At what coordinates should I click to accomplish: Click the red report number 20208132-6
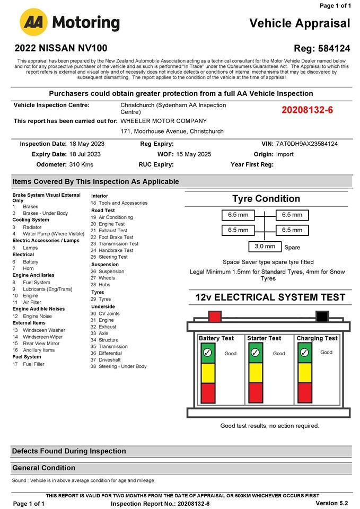pos(307,110)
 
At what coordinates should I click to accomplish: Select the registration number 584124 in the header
pos(334,48)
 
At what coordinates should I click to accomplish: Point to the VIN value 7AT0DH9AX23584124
pos(306,144)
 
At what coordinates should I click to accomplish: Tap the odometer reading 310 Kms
pos(81,164)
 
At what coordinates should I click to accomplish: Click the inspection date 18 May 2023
pos(87,144)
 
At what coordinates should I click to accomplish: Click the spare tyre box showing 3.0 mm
pos(265,247)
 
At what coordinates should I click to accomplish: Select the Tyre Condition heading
pos(266,199)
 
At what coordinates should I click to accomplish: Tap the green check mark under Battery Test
pos(207,353)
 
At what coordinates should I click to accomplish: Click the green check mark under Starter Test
pos(255,353)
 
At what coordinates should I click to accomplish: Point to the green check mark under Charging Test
pos(304,353)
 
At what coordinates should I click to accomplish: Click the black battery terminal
pos(322,317)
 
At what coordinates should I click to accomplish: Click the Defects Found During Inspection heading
pos(69,451)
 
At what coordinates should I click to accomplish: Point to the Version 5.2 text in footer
pos(331,503)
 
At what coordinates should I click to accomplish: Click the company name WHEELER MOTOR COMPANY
pos(163,121)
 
